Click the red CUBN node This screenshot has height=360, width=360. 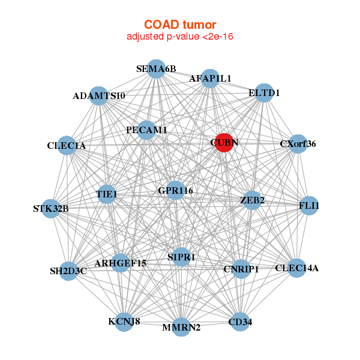click(x=224, y=142)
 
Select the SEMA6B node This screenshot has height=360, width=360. click(x=155, y=69)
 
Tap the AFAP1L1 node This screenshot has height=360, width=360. click(x=209, y=79)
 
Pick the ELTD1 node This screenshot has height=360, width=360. click(x=264, y=93)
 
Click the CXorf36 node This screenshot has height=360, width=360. click(x=298, y=144)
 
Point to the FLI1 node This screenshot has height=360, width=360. click(x=308, y=206)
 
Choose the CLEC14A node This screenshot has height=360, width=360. click(x=296, y=268)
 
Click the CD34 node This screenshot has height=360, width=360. click(x=240, y=322)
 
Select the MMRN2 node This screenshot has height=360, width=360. click(x=181, y=327)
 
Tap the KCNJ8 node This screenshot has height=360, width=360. click(x=124, y=322)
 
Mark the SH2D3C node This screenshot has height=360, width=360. click(x=68, y=271)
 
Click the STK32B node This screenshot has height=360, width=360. click(x=51, y=209)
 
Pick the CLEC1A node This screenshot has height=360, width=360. click(x=67, y=146)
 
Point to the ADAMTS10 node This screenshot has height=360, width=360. click(x=99, y=96)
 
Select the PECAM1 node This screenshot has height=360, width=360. click(x=146, y=130)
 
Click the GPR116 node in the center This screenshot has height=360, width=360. click(x=175, y=191)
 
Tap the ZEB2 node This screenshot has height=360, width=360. click(x=252, y=200)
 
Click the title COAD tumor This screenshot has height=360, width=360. click(x=180, y=25)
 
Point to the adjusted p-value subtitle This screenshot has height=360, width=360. click(x=180, y=37)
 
